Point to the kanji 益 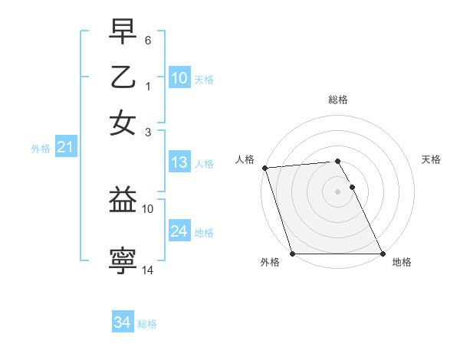123,201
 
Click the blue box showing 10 179,79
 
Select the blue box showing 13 179,163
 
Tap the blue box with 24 179,232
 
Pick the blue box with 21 64,148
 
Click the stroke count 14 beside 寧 149,270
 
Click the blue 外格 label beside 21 40,149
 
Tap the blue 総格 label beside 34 147,324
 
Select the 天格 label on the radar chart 432,159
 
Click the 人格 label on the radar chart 245,159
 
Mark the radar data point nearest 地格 383,254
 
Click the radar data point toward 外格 292,254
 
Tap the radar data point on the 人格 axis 264,168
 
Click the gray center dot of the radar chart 337,191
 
